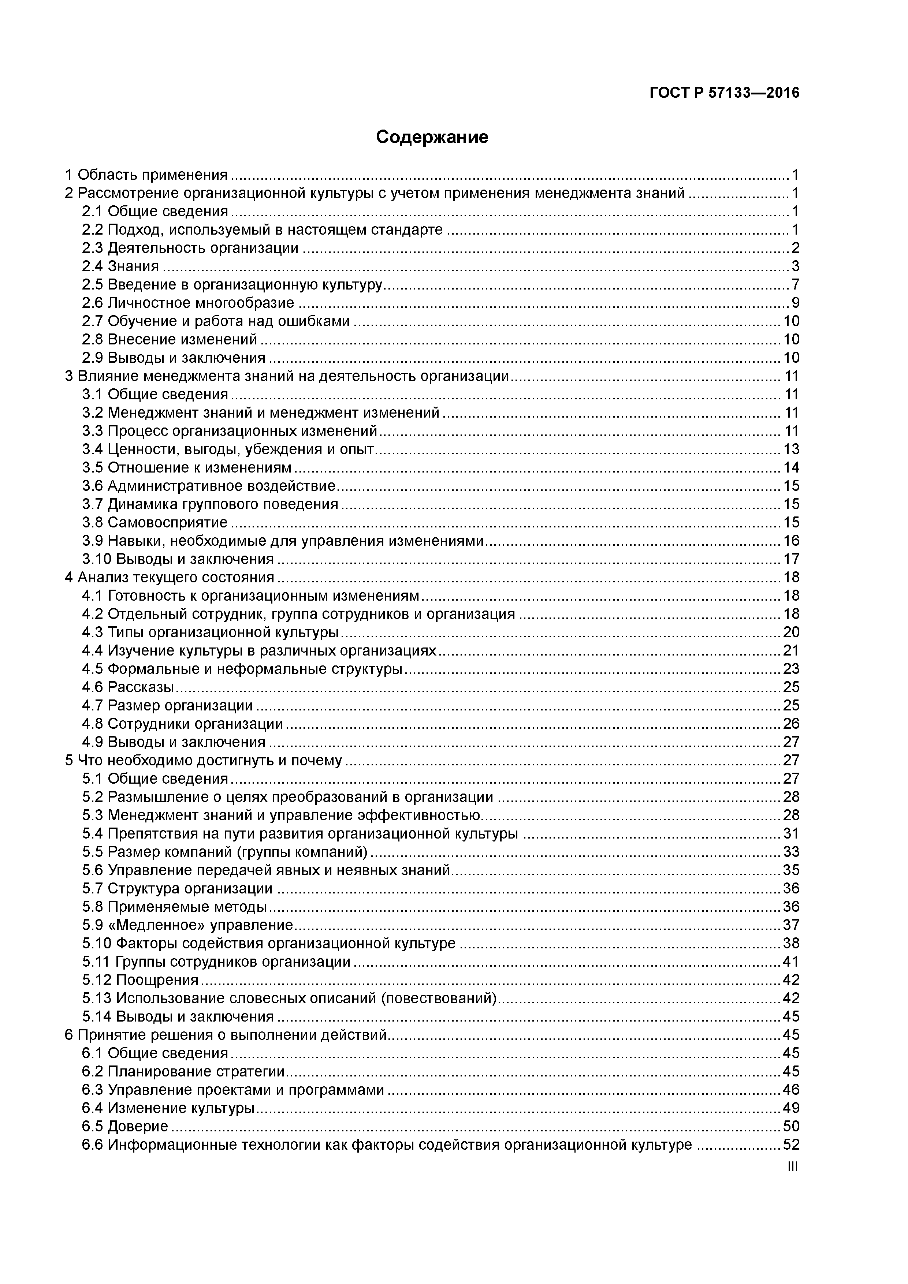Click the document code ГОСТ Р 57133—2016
[725, 93]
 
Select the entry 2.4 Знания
[120, 266]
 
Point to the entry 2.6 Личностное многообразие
[188, 303]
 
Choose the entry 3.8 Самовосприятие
[155, 522]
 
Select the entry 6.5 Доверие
[125, 1126]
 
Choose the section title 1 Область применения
[146, 175]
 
